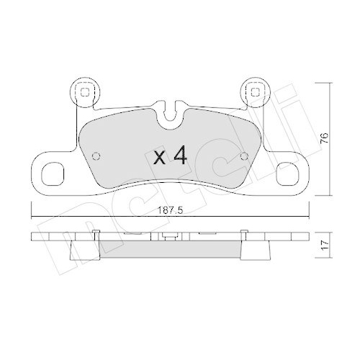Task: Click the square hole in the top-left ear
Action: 86,91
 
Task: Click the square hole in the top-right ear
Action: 253,91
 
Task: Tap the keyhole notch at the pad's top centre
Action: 170,112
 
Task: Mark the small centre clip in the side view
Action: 170,235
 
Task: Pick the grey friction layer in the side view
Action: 170,249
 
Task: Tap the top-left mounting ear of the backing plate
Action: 85,94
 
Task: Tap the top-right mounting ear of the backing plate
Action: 253,94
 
